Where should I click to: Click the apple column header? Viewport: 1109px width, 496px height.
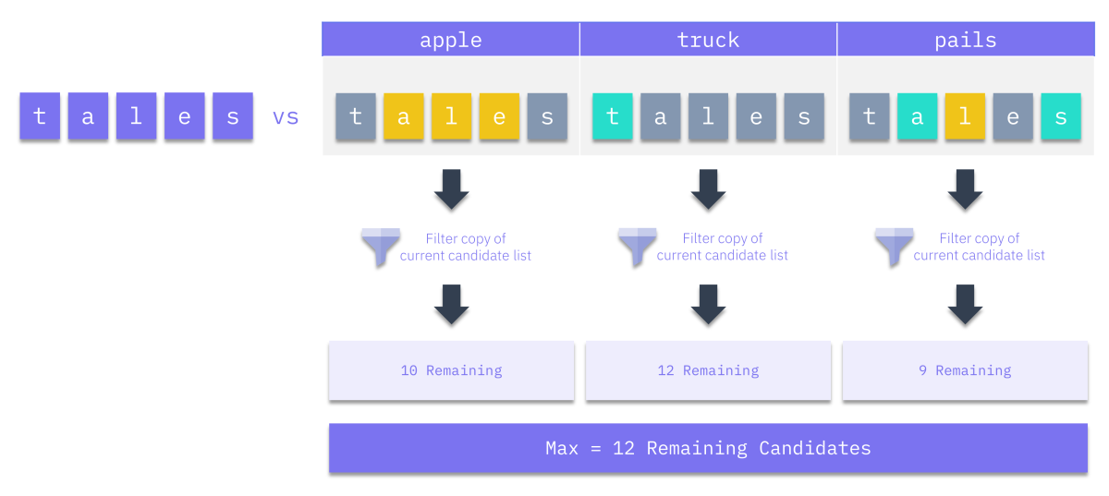click(451, 39)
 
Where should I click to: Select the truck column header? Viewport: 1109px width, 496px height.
click(708, 39)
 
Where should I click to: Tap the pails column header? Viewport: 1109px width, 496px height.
click(966, 39)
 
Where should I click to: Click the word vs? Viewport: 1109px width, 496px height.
click(286, 117)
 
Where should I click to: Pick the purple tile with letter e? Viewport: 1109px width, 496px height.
click(184, 115)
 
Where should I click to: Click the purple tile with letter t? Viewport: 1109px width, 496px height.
click(40, 115)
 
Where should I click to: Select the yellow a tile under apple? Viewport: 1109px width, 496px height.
click(404, 116)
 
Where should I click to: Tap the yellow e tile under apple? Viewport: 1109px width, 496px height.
click(499, 116)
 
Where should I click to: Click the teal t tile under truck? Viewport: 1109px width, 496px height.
click(613, 116)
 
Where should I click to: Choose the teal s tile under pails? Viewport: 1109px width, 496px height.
click(1061, 116)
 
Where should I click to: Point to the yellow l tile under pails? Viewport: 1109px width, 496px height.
click(965, 116)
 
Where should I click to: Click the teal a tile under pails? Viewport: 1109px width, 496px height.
click(917, 116)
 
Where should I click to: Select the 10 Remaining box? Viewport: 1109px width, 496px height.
click(452, 370)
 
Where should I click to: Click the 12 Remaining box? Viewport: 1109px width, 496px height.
click(708, 370)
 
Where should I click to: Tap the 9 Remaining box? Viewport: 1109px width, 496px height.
click(965, 370)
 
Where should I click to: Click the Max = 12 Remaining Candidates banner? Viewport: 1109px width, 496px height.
click(708, 448)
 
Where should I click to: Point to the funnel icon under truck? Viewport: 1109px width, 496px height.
click(638, 247)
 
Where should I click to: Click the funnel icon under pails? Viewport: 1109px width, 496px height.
click(895, 247)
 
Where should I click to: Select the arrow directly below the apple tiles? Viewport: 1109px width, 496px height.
click(452, 189)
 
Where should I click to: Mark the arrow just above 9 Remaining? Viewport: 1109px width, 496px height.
click(965, 305)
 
